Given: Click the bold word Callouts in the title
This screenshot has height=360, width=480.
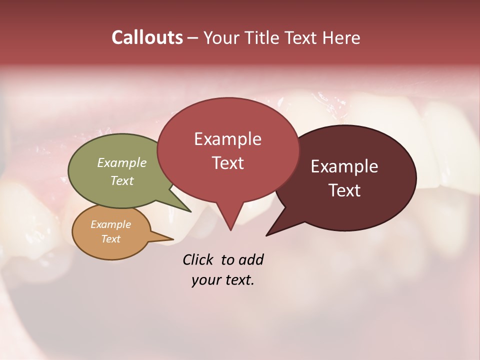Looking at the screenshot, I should tap(147, 37).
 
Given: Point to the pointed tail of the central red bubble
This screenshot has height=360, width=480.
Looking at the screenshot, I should tap(230, 222).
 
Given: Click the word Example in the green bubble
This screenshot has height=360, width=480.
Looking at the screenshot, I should tap(122, 163).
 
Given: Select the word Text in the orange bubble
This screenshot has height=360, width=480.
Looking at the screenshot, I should tap(110, 239).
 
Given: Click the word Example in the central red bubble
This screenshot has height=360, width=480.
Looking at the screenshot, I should tap(227, 139).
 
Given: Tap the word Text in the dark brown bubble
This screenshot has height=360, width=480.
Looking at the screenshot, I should tap(345, 190).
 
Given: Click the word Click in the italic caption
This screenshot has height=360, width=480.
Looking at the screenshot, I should tap(198, 259).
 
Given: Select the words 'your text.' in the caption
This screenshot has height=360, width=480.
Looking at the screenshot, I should tap(223, 280).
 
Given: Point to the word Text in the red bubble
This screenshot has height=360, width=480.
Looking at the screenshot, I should tap(228, 163).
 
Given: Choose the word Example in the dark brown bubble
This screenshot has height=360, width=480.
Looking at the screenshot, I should tap(344, 166).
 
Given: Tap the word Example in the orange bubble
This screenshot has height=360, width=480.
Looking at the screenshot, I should tap(110, 224).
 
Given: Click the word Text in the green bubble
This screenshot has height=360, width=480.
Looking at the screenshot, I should tap(122, 180).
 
